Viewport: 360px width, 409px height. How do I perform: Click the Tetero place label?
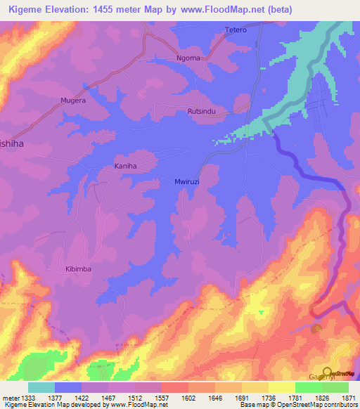click(x=236, y=30)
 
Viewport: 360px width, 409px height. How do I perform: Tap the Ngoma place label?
click(x=188, y=58)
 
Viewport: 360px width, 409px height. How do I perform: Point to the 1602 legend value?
click(x=188, y=397)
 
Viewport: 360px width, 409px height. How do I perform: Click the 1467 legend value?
click(x=108, y=397)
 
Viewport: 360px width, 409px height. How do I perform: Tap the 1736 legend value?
click(x=268, y=397)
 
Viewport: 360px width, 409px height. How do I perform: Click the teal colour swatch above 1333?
click(x=41, y=387)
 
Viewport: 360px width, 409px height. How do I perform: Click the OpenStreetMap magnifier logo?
click(x=328, y=372)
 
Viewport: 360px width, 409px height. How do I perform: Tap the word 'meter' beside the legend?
click(x=8, y=397)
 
